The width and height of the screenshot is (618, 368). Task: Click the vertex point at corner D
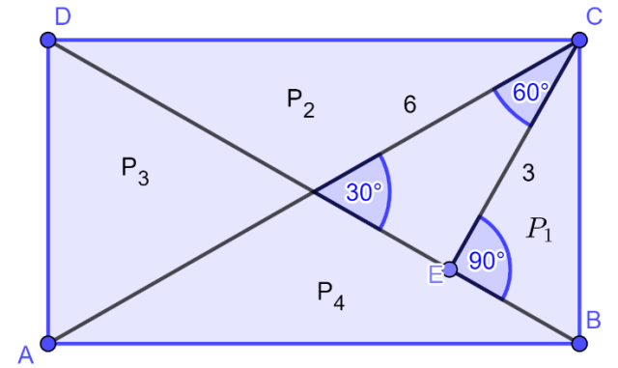(48, 40)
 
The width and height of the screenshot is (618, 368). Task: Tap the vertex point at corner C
(579, 40)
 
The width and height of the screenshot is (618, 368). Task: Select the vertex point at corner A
(48, 343)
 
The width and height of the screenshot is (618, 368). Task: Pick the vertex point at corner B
(579, 343)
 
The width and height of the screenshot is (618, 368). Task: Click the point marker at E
(450, 269)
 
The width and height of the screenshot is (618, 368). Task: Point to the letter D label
(63, 17)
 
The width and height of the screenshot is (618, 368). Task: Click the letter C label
(594, 17)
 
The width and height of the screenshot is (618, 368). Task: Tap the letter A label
(26, 354)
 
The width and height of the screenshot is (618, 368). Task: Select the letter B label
(594, 320)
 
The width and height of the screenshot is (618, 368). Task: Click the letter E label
(435, 274)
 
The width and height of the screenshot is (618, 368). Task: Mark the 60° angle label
(530, 93)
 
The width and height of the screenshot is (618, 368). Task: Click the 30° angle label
(364, 192)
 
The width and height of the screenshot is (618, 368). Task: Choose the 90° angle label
(487, 261)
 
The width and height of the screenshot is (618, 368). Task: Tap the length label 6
(409, 105)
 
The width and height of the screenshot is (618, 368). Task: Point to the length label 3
(528, 173)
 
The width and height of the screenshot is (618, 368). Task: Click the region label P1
(540, 230)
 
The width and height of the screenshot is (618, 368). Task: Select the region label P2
(300, 103)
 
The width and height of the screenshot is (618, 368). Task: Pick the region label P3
(135, 171)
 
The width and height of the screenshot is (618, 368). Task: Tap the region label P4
(331, 297)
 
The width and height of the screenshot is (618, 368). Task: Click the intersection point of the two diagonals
(314, 191)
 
